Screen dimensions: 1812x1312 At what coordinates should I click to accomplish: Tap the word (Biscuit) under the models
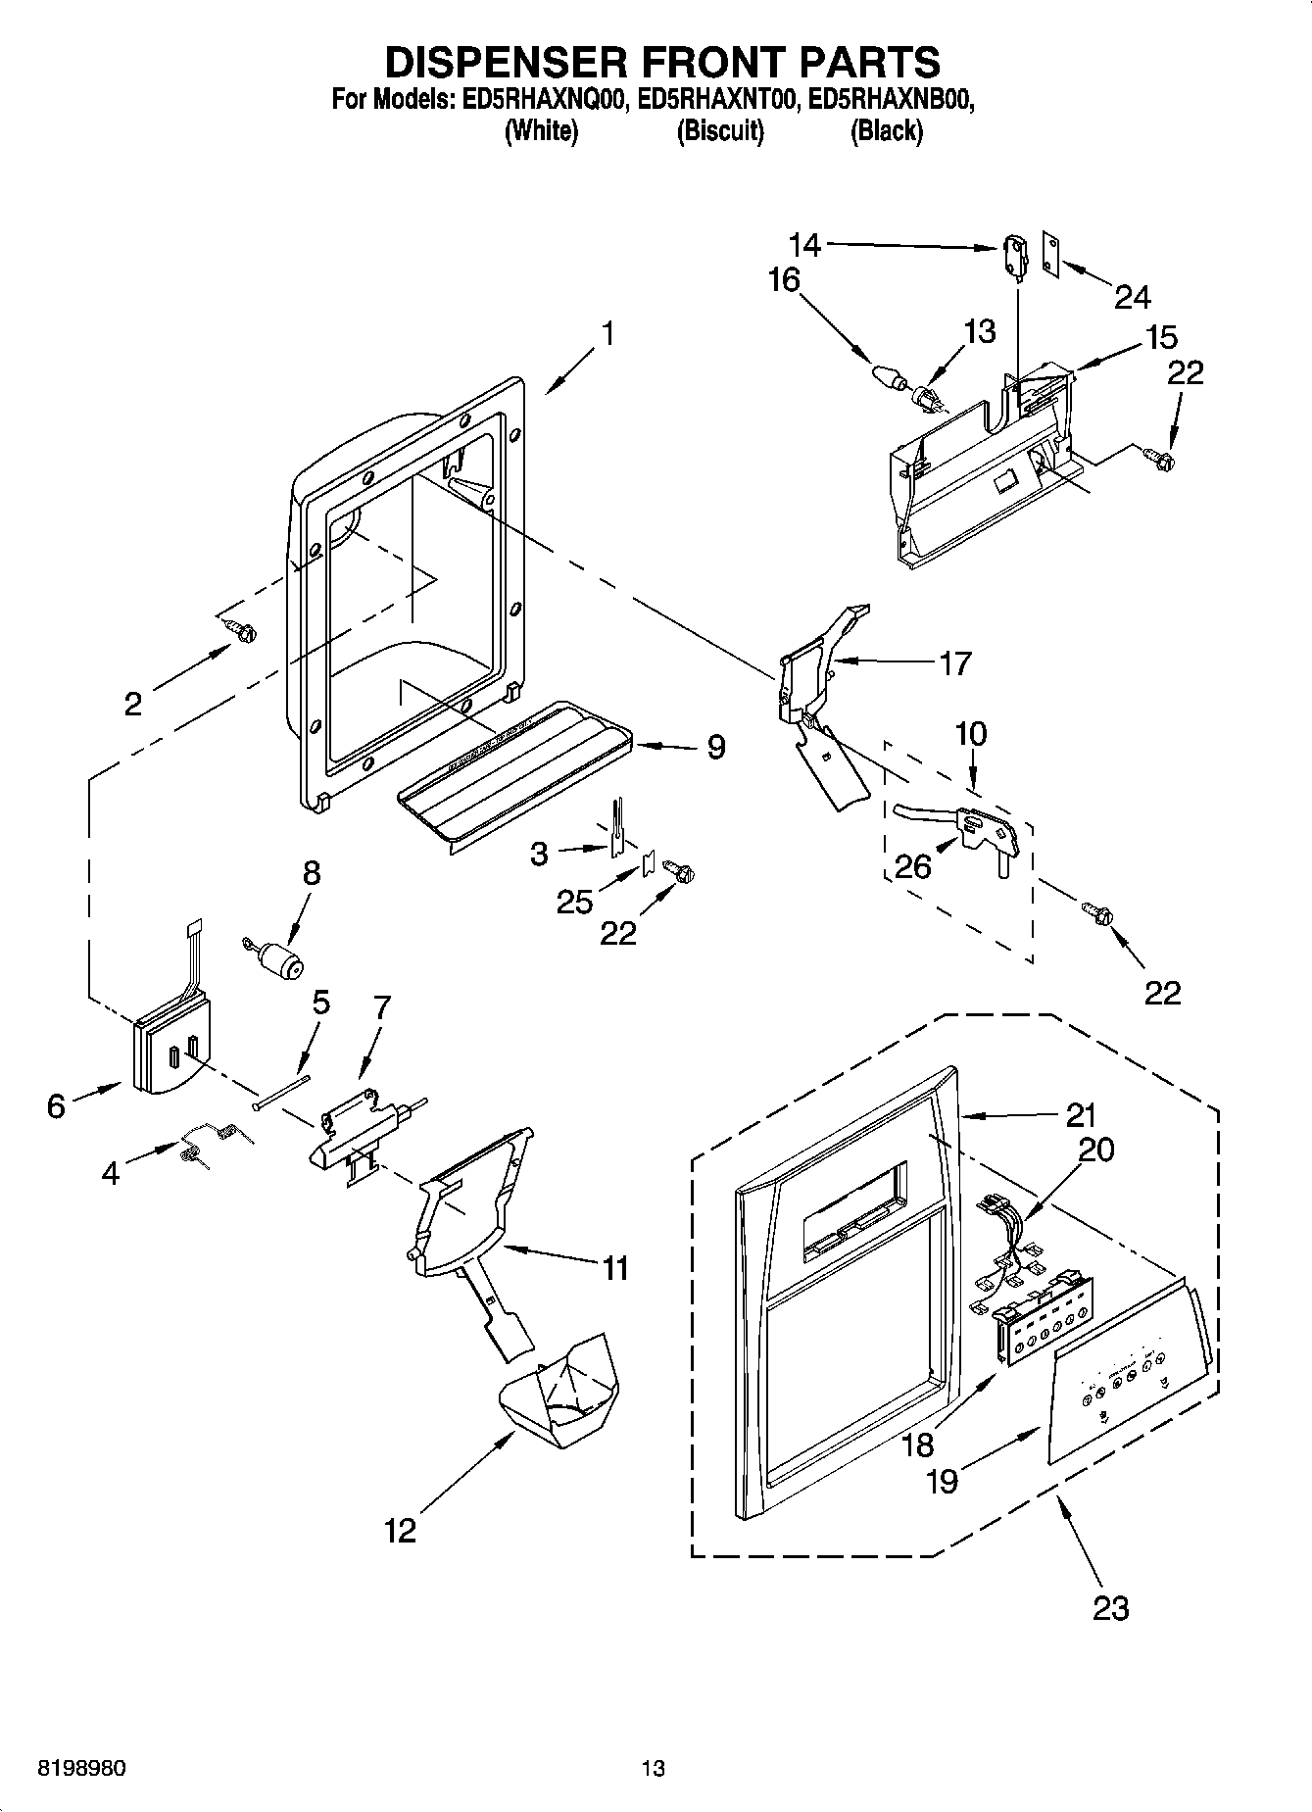tap(719, 130)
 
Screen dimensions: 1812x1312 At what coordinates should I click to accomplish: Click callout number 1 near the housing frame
tap(607, 334)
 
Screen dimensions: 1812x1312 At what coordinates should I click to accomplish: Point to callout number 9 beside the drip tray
tap(716, 748)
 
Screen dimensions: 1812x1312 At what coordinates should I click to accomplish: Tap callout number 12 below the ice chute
tap(401, 1531)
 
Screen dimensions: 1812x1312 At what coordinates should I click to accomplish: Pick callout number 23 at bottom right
tap(1110, 1607)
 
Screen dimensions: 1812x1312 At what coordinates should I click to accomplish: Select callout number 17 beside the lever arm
tap(955, 663)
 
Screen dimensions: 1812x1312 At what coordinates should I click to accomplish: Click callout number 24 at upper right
tap(1132, 296)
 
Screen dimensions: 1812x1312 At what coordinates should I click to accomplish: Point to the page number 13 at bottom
tap(653, 1768)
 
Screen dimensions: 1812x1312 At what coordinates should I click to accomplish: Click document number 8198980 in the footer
tap(80, 1768)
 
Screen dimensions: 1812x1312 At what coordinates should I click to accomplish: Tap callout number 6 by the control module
tap(56, 1105)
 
